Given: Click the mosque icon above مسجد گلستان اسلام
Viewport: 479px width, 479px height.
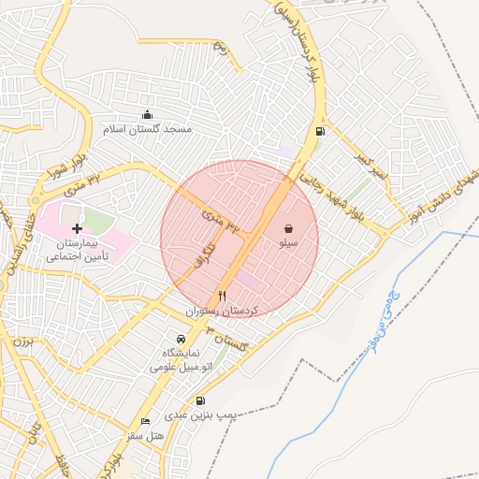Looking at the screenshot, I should [x=147, y=114].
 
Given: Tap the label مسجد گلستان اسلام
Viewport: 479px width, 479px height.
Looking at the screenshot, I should [x=151, y=129].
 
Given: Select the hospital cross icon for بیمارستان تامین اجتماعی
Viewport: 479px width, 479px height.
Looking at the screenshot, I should [x=77, y=227].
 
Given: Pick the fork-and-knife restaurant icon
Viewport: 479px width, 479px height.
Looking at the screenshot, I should [x=222, y=294].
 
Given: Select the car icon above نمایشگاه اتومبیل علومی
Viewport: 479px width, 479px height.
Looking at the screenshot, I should [x=181, y=339].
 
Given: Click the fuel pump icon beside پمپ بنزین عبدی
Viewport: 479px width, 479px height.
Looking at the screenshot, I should [x=200, y=400].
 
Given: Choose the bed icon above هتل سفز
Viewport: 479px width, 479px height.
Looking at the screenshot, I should [x=145, y=421].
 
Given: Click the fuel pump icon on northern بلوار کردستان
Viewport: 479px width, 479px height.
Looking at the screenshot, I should [x=321, y=131].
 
